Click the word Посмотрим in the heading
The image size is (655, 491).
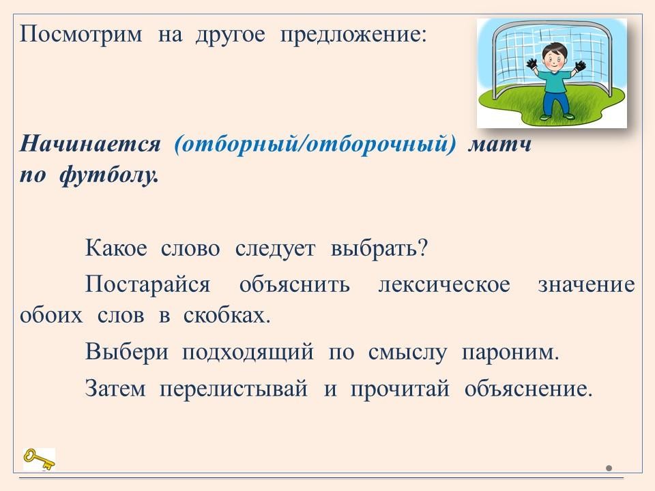click(x=81, y=33)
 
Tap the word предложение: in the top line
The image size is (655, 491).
click(x=353, y=34)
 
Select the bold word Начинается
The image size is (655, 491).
click(x=90, y=144)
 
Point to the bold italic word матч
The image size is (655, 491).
click(x=499, y=145)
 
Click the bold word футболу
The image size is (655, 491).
click(x=108, y=175)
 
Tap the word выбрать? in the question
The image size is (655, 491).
click(x=379, y=248)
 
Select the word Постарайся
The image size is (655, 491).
click(x=147, y=284)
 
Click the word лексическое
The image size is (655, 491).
click(x=444, y=285)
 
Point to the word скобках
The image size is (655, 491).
click(x=227, y=315)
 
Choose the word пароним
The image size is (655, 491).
click(x=510, y=353)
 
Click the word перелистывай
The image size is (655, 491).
click(x=233, y=389)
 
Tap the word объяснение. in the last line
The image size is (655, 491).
click(x=528, y=389)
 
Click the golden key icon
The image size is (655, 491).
click(x=39, y=459)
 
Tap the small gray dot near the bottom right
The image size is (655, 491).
click(x=609, y=468)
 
